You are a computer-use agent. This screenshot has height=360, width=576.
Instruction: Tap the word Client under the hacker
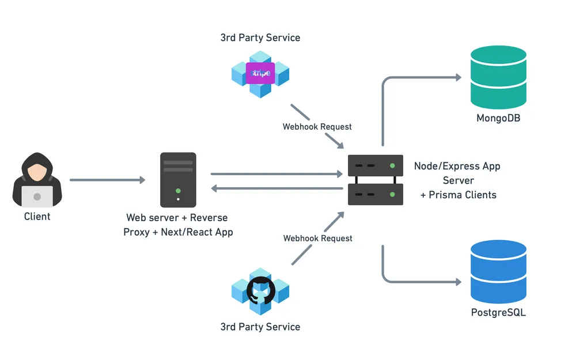[37, 217]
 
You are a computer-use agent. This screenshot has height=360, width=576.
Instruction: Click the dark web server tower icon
[178, 179]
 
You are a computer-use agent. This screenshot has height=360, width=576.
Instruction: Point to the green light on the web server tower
[178, 191]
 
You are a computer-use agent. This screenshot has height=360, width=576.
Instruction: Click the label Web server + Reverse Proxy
[177, 218]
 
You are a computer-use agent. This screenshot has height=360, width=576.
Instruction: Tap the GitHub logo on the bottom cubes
[260, 290]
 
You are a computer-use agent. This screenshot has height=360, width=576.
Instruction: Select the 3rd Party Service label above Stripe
[260, 38]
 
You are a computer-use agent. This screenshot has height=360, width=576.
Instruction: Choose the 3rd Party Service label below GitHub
[260, 327]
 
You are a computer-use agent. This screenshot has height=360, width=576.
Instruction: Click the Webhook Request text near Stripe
[317, 127]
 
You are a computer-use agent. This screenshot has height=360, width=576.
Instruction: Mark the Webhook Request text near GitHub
[317, 238]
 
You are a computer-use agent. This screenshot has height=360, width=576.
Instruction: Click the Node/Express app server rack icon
[376, 180]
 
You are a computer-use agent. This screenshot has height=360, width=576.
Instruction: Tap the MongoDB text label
[499, 119]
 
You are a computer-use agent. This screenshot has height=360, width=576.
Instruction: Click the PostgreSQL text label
[499, 313]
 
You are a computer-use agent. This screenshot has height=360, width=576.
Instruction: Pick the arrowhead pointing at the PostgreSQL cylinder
[457, 282]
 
